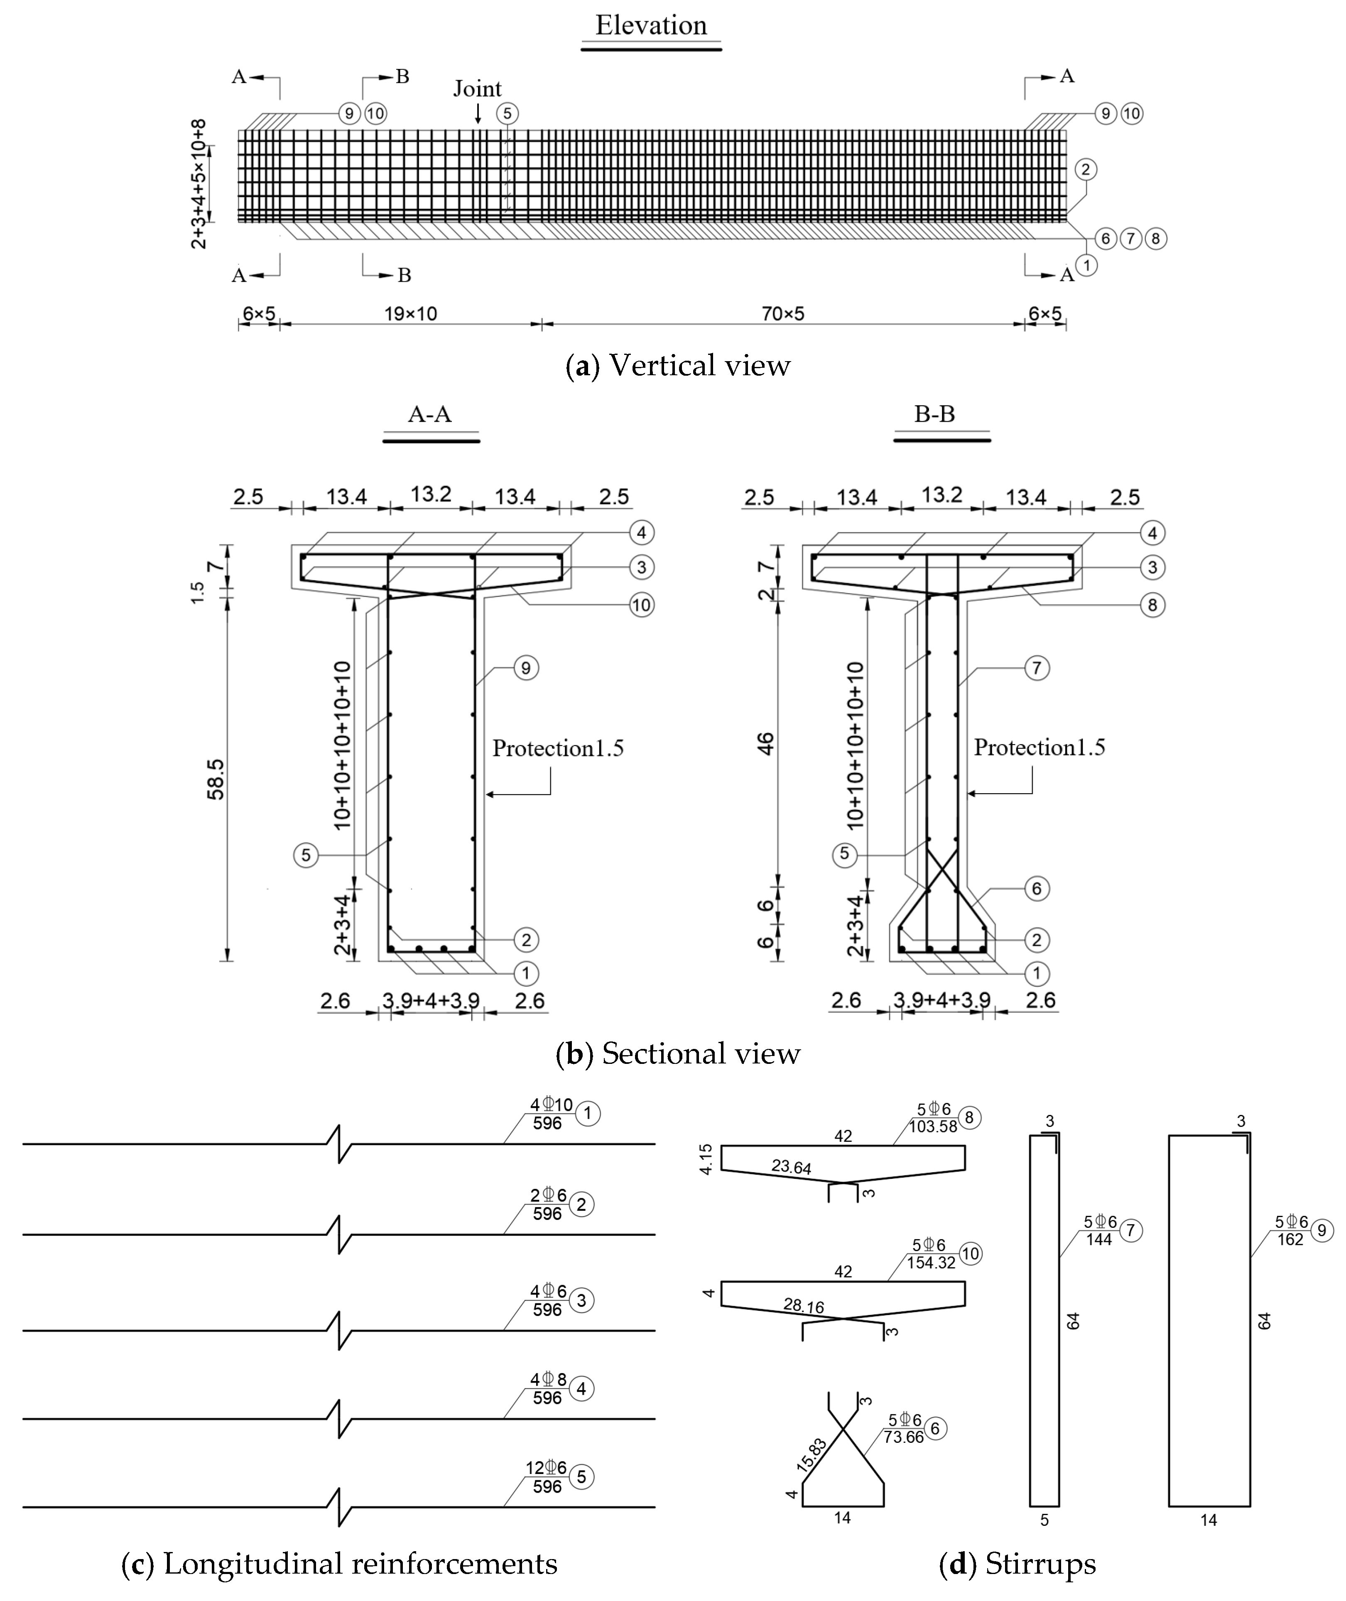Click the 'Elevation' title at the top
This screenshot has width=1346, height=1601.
[x=651, y=26]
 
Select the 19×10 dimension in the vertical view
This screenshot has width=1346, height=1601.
[x=410, y=313]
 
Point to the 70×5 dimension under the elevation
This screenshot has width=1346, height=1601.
[x=783, y=313]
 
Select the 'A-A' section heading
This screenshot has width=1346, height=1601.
[x=429, y=414]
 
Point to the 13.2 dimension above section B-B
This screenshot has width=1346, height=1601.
[x=941, y=495]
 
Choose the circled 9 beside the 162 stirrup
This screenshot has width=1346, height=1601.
[x=1322, y=1229]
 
